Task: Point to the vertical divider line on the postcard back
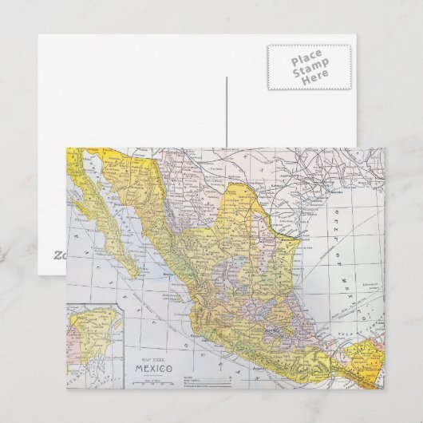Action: coord(227,112)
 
